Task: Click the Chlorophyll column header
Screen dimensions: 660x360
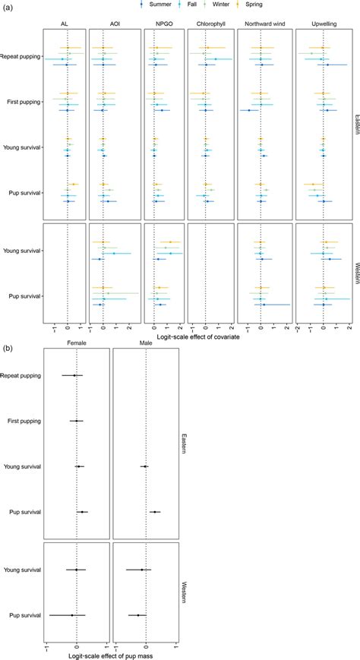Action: click(x=205, y=23)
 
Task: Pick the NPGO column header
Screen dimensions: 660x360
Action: click(x=154, y=23)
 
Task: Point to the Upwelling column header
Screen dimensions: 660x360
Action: click(x=323, y=23)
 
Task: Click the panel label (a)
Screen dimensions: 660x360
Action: click(x=7, y=5)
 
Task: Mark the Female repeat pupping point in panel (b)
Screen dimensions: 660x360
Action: click(x=74, y=375)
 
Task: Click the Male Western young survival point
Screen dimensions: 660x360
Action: click(x=141, y=570)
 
